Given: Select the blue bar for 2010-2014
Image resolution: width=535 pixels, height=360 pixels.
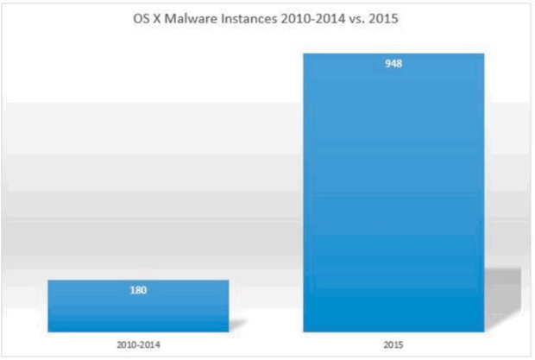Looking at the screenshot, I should tap(138, 306).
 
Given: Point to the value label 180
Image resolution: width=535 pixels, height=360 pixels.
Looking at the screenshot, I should tap(139, 290).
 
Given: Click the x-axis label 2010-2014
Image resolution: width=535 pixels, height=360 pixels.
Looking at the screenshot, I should tap(138, 344).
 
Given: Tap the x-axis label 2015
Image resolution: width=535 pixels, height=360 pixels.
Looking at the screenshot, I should tap(393, 344).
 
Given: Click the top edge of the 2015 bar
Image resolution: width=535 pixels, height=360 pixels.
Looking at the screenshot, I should tap(393, 54).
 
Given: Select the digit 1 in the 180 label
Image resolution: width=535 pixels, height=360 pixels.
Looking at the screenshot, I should tap(133, 290).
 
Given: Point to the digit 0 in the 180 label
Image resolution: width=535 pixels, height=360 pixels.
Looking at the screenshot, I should tap(145, 290).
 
